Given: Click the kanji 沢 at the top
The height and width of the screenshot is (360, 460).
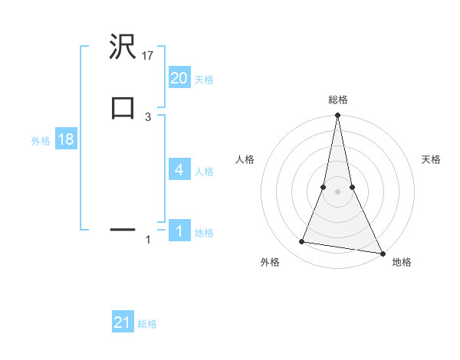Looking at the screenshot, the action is pyautogui.click(x=123, y=48).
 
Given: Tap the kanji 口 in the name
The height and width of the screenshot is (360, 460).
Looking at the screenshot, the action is pyautogui.click(x=123, y=107).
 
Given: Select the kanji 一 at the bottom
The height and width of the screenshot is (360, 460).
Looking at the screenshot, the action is pyautogui.click(x=123, y=228).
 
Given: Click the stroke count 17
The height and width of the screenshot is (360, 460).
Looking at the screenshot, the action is pyautogui.click(x=148, y=55).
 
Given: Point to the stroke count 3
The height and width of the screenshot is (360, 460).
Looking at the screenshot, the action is pyautogui.click(x=148, y=116).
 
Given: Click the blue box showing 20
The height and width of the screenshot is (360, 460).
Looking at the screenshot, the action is pyautogui.click(x=179, y=77).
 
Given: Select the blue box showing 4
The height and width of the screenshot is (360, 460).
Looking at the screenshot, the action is pyautogui.click(x=179, y=169).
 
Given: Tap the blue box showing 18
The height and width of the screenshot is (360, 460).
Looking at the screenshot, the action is pyautogui.click(x=64, y=139).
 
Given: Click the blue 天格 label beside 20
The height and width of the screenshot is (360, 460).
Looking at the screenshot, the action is pyautogui.click(x=204, y=79).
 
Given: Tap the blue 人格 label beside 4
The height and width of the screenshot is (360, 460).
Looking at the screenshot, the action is pyautogui.click(x=204, y=172).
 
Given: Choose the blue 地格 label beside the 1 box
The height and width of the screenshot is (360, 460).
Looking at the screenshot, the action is pyautogui.click(x=204, y=233).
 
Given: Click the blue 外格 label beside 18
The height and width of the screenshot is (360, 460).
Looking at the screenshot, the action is pyautogui.click(x=41, y=141).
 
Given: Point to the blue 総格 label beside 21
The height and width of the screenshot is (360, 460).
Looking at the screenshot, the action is pyautogui.click(x=147, y=324).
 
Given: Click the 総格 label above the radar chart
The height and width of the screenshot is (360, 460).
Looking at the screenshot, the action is pyautogui.click(x=337, y=100).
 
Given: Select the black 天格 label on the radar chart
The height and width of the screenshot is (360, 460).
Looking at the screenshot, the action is pyautogui.click(x=432, y=159).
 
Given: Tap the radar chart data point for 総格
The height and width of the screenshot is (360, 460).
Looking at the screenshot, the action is pyautogui.click(x=337, y=116).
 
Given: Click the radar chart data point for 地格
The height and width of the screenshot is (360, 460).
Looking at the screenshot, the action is pyautogui.click(x=382, y=253).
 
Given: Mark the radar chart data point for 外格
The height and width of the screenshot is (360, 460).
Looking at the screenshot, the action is pyautogui.click(x=302, y=242).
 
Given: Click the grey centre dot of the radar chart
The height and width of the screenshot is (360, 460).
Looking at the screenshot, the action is pyautogui.click(x=337, y=191).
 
